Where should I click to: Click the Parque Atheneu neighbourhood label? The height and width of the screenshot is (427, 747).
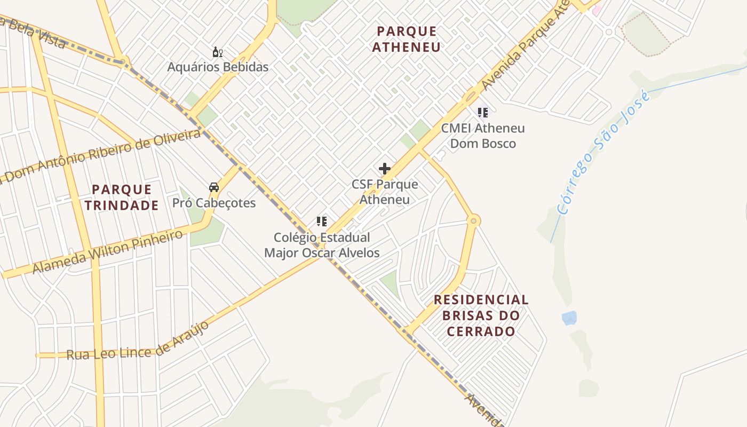tap(407, 39)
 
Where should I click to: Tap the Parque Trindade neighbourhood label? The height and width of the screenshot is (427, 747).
tap(125, 197)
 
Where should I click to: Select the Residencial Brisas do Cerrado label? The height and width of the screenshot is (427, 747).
tap(481, 315)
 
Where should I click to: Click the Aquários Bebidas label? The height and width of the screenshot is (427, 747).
tap(218, 67)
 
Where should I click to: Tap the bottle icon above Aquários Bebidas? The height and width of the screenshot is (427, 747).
tap(217, 52)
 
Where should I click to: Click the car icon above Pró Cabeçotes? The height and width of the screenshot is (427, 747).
tap(214, 187)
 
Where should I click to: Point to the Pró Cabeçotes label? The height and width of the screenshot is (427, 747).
tap(214, 203)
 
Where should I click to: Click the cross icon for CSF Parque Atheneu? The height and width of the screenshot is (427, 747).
tap(384, 169)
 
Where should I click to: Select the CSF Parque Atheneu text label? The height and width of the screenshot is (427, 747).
tap(385, 192)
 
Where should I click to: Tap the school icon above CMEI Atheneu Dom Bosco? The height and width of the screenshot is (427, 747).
tap(483, 112)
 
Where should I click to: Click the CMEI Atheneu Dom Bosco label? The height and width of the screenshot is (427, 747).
tap(483, 136)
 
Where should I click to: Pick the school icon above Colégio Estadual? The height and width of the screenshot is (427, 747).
tap(321, 221)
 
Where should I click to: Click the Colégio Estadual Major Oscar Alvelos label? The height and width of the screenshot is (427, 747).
tap(322, 245)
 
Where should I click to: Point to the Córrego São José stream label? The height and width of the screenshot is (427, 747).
tap(603, 153)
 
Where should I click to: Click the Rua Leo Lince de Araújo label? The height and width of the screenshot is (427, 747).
tap(138, 342)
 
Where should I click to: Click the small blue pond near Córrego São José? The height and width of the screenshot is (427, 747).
tap(569, 318)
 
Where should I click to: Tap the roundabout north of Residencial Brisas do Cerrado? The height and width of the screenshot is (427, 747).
tap(473, 220)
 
